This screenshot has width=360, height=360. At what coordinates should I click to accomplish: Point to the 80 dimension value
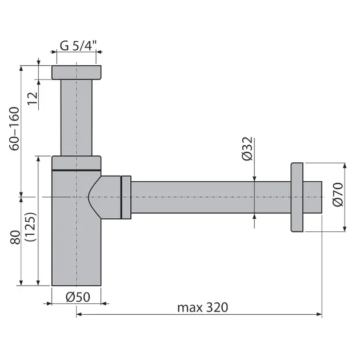point(15,237)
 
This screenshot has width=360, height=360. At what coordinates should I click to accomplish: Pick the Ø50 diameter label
point(76,296)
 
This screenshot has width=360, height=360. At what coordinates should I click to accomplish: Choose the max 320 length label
point(202,307)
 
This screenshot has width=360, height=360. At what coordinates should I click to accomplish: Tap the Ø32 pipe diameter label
point(247,149)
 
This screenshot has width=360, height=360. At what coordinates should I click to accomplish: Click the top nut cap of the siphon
point(77,72)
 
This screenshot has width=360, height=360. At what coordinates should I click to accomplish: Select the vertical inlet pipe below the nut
point(77,117)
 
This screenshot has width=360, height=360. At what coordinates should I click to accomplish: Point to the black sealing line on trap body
point(77,170)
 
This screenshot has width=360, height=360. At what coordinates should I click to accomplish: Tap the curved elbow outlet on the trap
point(106,197)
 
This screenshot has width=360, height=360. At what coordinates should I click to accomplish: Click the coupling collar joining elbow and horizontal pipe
point(126,197)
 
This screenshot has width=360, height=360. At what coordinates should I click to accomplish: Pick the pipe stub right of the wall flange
point(313,197)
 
